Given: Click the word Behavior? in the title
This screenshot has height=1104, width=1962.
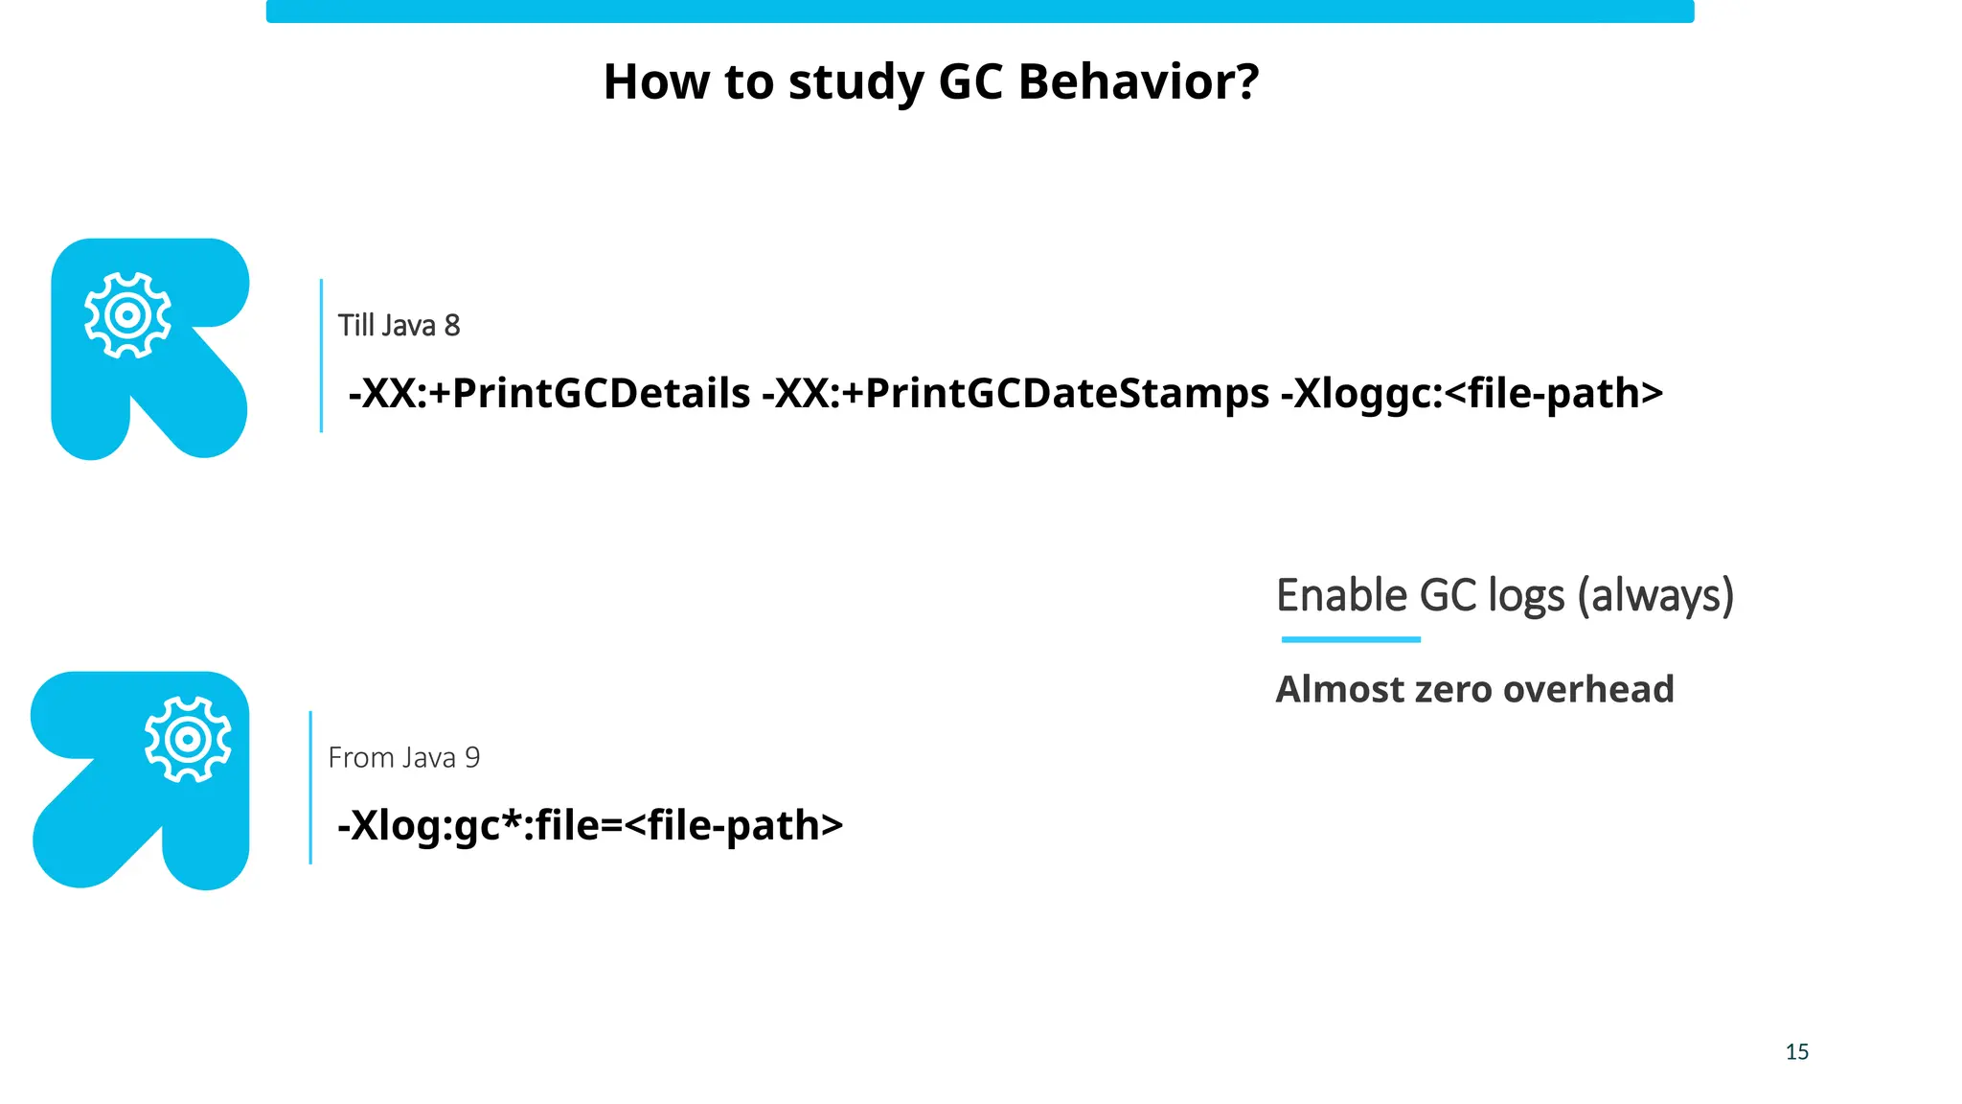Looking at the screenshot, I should point(1138,81).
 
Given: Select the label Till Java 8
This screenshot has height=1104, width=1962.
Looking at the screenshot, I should point(399,326).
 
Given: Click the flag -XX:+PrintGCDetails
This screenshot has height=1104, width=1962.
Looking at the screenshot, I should point(549,394).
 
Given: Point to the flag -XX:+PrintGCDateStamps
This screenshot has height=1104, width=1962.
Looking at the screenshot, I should point(1015,394).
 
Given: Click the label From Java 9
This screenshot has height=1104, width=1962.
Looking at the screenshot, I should point(403,758).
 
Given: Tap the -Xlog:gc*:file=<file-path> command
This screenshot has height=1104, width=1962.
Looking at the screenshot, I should point(590,826).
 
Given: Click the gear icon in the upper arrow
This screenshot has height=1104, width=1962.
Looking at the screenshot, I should point(127,315).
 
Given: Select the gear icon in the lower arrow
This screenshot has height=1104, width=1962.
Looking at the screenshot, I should point(188,739).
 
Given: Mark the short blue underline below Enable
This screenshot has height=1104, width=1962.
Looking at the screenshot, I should point(1351,639).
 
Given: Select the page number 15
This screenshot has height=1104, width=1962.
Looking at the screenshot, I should point(1797,1052).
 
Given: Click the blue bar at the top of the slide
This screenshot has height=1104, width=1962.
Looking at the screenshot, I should point(979,11).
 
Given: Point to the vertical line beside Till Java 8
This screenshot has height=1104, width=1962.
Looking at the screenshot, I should point(321,356).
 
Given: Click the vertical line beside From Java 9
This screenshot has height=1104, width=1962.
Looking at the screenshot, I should point(310,788).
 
